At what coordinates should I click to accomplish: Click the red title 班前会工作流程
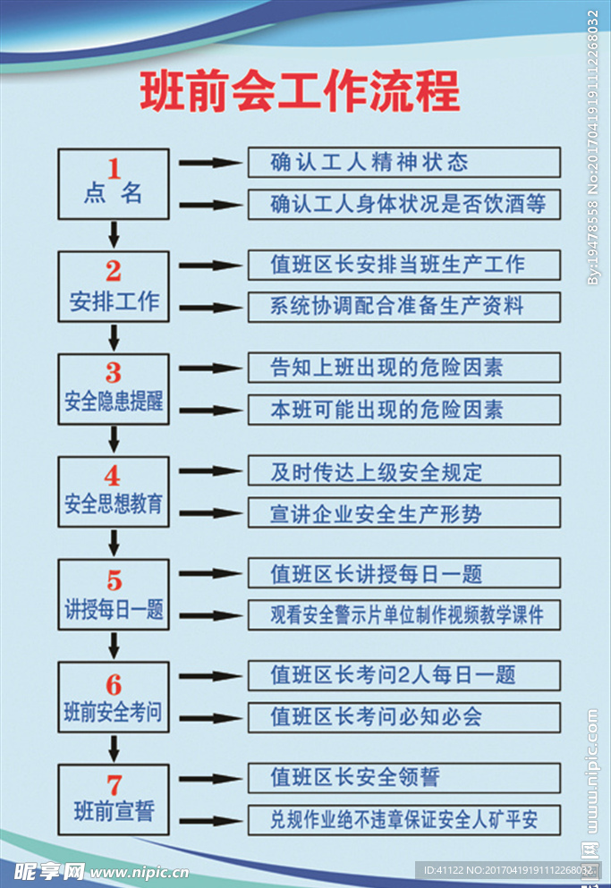click(x=300, y=91)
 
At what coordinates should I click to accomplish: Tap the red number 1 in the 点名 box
click(x=114, y=167)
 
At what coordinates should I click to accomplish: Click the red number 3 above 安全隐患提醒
click(x=114, y=372)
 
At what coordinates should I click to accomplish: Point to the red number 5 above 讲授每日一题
click(x=114, y=580)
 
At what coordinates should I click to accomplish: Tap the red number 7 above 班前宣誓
click(x=114, y=785)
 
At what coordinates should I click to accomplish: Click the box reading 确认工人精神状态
click(x=403, y=163)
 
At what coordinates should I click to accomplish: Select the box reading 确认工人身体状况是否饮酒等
click(x=403, y=204)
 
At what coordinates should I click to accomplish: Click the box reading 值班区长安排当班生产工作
click(x=403, y=266)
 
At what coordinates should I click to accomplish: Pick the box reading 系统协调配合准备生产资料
click(x=403, y=307)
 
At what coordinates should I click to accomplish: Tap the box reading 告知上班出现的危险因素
click(x=403, y=368)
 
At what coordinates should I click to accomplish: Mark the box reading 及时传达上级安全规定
click(x=403, y=471)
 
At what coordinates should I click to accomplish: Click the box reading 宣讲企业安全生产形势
click(x=403, y=513)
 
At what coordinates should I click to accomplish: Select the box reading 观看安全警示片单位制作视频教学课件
click(x=403, y=615)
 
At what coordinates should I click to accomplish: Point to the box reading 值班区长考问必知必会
click(x=403, y=717)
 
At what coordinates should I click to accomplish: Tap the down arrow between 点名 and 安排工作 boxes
click(x=114, y=234)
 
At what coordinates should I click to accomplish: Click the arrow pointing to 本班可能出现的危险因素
click(x=211, y=410)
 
